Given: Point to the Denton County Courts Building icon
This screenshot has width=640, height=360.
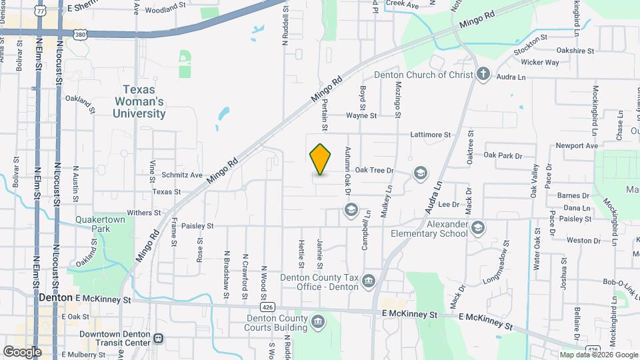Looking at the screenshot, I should pyautogui.click(x=319, y=323).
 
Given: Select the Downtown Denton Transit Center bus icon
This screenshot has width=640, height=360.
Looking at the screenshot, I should pyautogui.click(x=158, y=337).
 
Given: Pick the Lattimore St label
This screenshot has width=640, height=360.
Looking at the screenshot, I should pyautogui.click(x=431, y=135).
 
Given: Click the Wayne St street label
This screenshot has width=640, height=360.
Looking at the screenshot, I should pyautogui.click(x=361, y=115).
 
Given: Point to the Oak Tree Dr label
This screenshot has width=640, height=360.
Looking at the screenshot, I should pyautogui.click(x=375, y=171).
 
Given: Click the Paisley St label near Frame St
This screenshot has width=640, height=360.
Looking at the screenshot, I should pyautogui.click(x=196, y=226).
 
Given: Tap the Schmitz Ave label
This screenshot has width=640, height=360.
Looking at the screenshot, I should pyautogui.click(x=181, y=175).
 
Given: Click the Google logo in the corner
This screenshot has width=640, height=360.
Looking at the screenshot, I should pyautogui.click(x=22, y=351).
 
